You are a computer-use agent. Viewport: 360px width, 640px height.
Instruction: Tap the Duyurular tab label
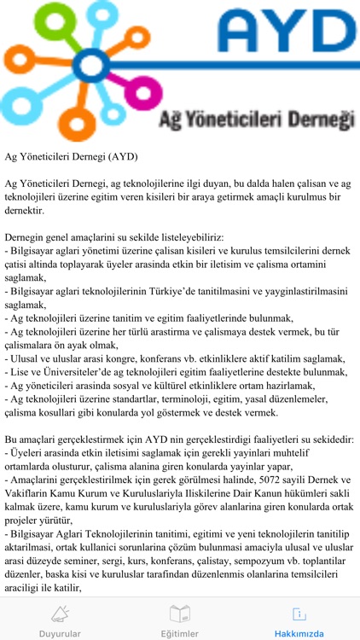point(60,633)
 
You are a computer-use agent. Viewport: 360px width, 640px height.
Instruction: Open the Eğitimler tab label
point(180,633)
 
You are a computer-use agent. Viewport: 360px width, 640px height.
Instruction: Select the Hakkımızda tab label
point(299,633)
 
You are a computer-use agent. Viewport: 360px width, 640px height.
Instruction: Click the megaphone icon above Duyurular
point(60,614)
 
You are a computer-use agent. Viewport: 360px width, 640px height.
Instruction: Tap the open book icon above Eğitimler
point(180,614)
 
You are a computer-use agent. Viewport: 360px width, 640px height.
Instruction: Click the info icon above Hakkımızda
point(299,614)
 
